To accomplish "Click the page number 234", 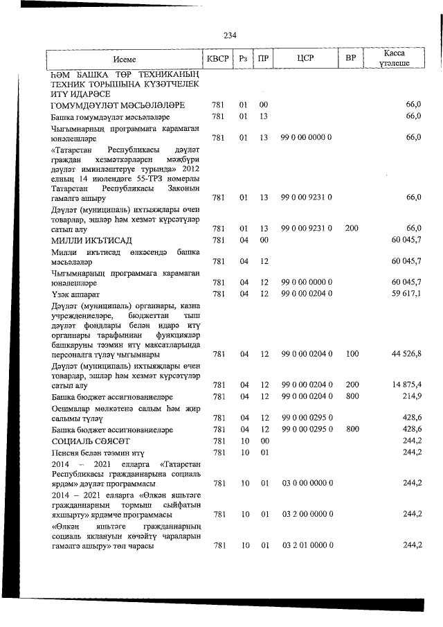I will pyautogui.click(x=230, y=35).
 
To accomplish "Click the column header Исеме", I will pyautogui.click(x=125, y=59).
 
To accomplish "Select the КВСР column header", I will pyautogui.click(x=217, y=58).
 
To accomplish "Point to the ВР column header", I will pyautogui.click(x=350, y=58).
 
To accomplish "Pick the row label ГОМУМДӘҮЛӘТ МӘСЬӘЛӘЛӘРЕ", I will pyautogui.click(x=117, y=105).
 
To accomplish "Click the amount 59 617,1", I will pyautogui.click(x=406, y=294).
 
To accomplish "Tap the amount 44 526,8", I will pyautogui.click(x=406, y=354).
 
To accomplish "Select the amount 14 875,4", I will pyautogui.click(x=406, y=385).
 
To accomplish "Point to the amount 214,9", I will pyautogui.click(x=413, y=396).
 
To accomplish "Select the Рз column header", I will pyautogui.click(x=243, y=58).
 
